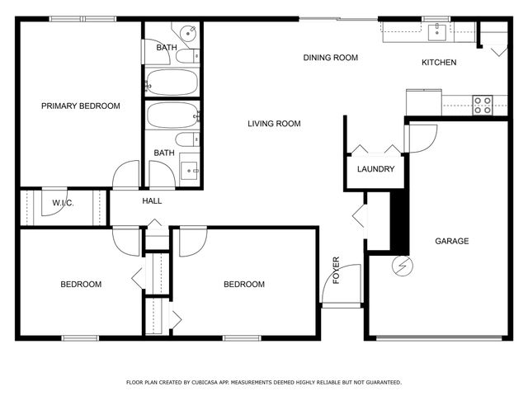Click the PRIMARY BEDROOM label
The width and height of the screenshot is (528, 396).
click(x=81, y=106)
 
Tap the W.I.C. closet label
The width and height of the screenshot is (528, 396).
click(x=64, y=202)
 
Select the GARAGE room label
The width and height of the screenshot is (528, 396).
click(x=452, y=241)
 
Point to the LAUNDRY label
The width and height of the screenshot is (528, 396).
click(x=375, y=169)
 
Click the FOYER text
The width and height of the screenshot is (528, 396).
click(x=336, y=271)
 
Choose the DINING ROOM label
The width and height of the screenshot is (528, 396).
click(x=330, y=58)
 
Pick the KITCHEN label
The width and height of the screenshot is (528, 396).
click(x=439, y=63)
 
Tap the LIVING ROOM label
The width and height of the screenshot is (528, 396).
click(x=274, y=124)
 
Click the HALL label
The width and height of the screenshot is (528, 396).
click(x=152, y=200)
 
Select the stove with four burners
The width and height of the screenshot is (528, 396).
click(x=482, y=104)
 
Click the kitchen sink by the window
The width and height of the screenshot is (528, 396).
click(x=436, y=32)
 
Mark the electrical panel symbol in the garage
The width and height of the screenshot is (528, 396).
click(x=403, y=266)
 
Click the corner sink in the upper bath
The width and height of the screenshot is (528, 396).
click(x=188, y=33)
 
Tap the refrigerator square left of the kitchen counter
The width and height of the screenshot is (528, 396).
click(x=423, y=101)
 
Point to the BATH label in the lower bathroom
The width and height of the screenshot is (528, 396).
click(x=164, y=153)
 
